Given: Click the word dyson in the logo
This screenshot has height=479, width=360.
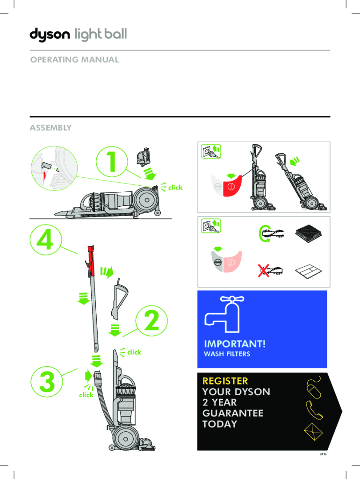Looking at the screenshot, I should click(50, 35).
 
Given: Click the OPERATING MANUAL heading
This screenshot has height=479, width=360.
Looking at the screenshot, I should click(74, 60).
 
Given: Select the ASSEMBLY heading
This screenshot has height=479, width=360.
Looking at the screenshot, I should click(50, 127).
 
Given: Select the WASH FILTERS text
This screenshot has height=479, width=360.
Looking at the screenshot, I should click(227, 354).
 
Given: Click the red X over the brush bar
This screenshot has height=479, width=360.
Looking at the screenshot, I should click(265, 270).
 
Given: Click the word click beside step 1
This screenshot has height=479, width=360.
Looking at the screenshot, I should click(175, 187).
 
